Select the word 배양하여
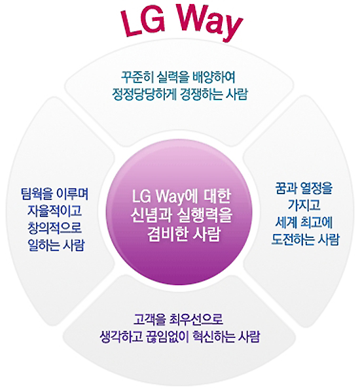coord(213,77)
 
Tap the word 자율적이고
coord(55,211)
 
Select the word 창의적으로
coord(55,228)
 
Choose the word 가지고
coord(304,205)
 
